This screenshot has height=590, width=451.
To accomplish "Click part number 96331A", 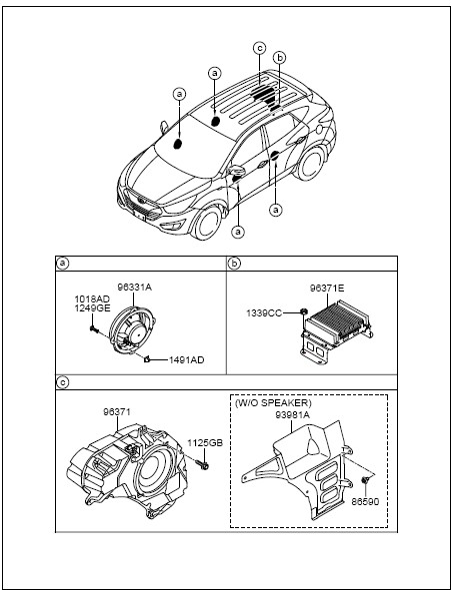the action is pos(134,288).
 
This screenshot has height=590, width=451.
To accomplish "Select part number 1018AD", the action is pos(92,299).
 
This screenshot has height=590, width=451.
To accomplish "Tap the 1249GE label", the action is pos(92,308).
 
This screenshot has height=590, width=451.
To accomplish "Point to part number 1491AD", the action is pos(186,360).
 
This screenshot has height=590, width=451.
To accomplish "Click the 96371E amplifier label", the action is pos(327,289).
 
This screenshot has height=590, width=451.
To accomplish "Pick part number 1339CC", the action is pos(264,313).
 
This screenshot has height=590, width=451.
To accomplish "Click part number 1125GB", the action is pos(205,443).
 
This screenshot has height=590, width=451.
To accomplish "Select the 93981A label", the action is pos(292,415).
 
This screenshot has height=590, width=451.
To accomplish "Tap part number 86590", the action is pos(365,501).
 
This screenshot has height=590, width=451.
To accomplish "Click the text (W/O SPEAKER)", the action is pos(273,403).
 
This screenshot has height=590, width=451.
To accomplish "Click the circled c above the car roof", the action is pos(259,48).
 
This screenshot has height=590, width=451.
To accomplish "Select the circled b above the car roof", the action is pos(279,58).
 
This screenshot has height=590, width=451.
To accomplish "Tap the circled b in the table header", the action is pos(234,264).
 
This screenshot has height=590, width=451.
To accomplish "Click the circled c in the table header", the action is pos(63,382).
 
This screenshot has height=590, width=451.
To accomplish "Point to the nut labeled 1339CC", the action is pos(303,311).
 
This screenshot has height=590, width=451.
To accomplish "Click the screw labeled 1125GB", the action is pos(202,464).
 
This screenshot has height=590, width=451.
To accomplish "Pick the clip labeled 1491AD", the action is pos(147,359).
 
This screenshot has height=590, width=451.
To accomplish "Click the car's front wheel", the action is pos(206,224).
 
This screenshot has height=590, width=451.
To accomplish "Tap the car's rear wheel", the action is pos(310,164).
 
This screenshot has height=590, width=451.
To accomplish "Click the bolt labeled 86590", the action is pos(365,480).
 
